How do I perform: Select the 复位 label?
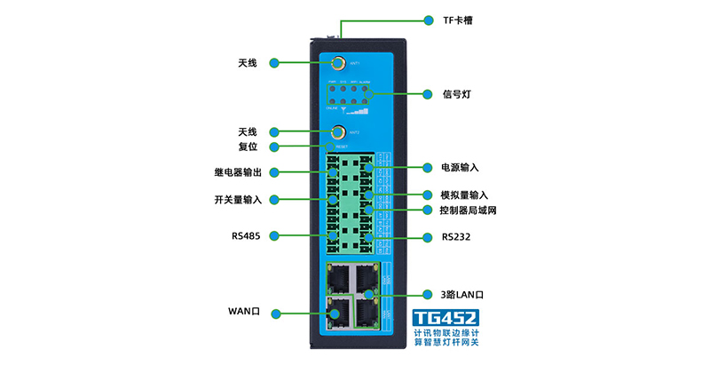(247, 147)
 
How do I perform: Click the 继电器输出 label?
(238, 171)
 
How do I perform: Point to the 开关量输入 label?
(238, 200)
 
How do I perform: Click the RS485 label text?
(245, 235)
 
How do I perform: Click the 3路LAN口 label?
(464, 293)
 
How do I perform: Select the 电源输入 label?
(460, 167)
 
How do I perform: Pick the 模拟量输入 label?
(464, 194)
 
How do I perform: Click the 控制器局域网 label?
(468, 210)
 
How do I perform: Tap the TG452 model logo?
(446, 320)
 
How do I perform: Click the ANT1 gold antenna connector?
(338, 63)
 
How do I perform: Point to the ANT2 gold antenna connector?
(338, 133)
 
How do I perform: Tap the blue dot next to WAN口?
(276, 313)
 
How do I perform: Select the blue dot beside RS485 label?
(276, 235)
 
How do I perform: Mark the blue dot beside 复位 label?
(276, 147)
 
